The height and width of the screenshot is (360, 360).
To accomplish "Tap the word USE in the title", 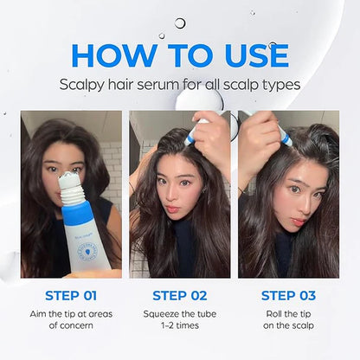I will point(249,55).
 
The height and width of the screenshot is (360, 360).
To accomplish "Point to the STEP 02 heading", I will point(180,297).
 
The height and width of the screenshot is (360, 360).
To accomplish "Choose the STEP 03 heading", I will point(289,297).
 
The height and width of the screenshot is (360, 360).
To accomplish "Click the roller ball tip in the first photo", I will point(69,181).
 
